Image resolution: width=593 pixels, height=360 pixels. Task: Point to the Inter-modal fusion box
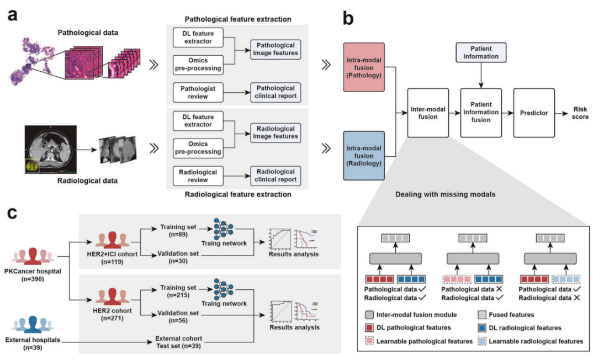[x=427, y=112]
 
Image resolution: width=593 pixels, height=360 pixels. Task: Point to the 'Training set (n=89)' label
[x=175, y=230]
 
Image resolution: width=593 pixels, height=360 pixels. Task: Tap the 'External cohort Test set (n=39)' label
[x=178, y=342]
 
